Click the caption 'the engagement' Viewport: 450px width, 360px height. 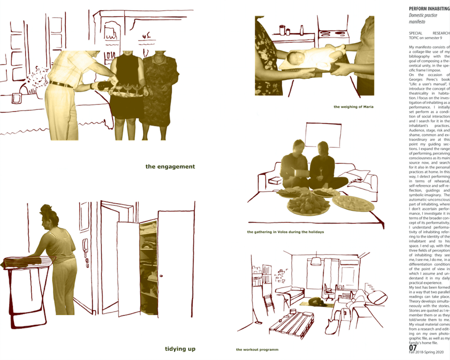click(x=170, y=167)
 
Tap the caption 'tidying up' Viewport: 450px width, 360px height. click(x=180, y=349)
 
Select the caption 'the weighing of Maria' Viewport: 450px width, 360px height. click(x=353, y=107)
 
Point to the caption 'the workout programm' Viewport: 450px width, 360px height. click(x=257, y=350)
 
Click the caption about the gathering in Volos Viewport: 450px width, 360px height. click(x=285, y=232)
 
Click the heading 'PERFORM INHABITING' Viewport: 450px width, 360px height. click(x=429, y=8)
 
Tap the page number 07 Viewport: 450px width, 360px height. click(x=413, y=348)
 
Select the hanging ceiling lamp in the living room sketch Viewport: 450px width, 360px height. click(x=316, y=260)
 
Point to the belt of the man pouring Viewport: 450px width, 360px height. click(x=60, y=84)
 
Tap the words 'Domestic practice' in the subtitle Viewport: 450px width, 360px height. click(x=423, y=16)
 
